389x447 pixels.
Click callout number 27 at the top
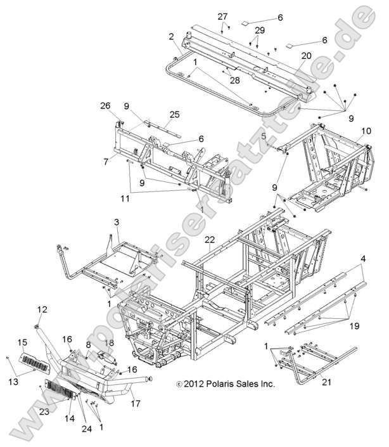(x=222, y=16)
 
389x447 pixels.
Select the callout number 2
(x=172, y=37)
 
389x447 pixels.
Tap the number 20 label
(x=306, y=56)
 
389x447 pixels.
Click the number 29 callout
(x=259, y=30)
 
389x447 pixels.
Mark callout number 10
(x=366, y=131)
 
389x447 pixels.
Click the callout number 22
(x=210, y=239)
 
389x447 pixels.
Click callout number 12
(x=42, y=309)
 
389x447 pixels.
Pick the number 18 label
(x=109, y=343)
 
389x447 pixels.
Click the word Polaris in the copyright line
(x=210, y=384)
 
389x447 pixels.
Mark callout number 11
(x=126, y=198)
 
